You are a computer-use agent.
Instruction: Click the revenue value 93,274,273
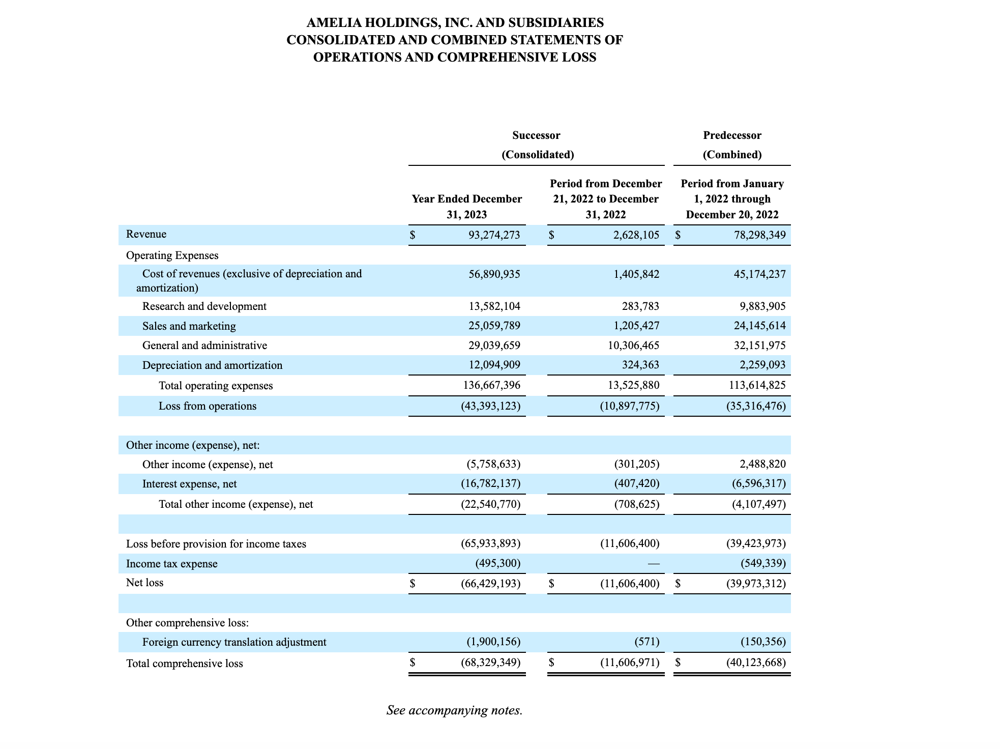coord(494,235)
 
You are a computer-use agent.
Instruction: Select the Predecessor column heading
coord(732,135)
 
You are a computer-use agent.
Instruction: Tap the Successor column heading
coord(536,135)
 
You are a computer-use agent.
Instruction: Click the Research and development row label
coord(204,306)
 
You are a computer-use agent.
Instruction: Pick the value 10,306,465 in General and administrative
coord(630,345)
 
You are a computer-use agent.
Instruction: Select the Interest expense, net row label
coord(189,484)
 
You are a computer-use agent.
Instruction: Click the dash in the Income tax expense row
coord(654,564)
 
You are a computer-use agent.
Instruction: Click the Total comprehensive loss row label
coord(184,664)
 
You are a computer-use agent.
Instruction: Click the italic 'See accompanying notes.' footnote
coord(454,710)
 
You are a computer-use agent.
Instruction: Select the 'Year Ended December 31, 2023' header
coord(466,207)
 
